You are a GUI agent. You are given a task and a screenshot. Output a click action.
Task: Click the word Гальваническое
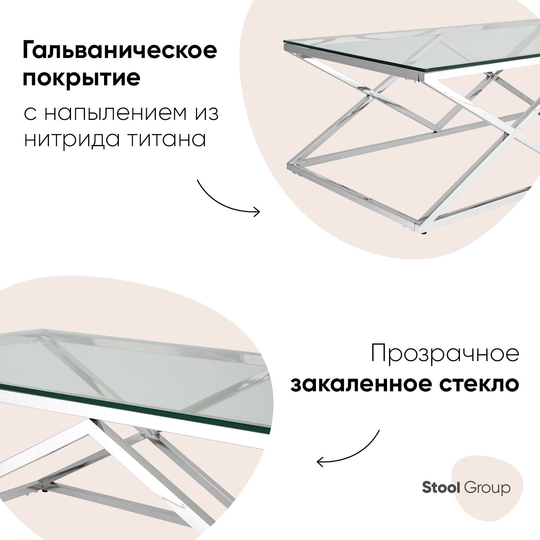(x=120, y=50)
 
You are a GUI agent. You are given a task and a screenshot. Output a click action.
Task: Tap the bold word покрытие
(x=81, y=78)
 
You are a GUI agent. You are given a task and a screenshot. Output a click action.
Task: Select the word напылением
(x=116, y=113)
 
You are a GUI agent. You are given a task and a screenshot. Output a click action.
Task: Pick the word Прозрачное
(x=445, y=354)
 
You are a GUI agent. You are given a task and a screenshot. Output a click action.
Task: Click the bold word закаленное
(x=361, y=384)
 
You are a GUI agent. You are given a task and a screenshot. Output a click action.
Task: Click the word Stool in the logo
(x=441, y=488)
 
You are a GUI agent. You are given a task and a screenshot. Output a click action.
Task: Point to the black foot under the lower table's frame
(x=45, y=490)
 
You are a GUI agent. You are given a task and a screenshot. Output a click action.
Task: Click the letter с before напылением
(x=30, y=114)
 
